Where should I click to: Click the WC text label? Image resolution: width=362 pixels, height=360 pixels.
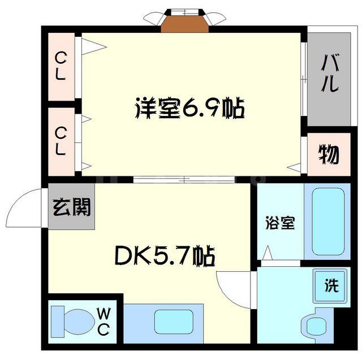(104, 321)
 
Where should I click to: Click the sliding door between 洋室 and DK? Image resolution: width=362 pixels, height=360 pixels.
(184, 180)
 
